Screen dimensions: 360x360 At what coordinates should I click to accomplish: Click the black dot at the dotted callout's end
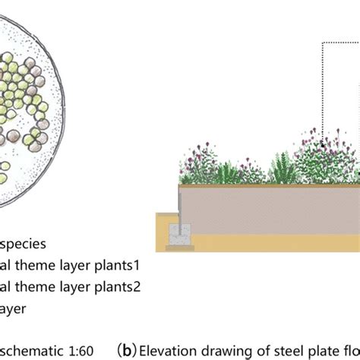click(322, 142)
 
